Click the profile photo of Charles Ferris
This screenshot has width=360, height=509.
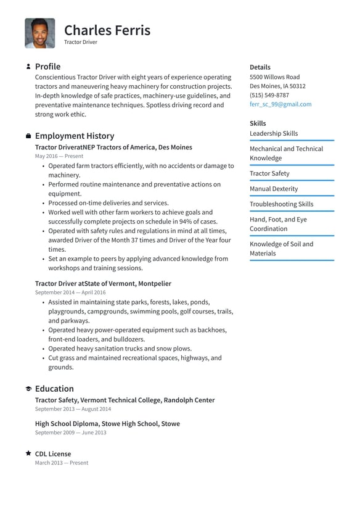pyautogui.click(x=40, y=33)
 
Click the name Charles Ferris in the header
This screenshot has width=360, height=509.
pyautogui.click(x=107, y=30)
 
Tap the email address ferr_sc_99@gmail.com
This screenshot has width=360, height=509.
pyautogui.click(x=280, y=104)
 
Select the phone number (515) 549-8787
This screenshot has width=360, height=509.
pyautogui.click(x=269, y=95)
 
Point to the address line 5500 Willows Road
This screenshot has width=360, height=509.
pyautogui.click(x=274, y=77)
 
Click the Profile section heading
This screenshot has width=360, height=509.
pyautogui.click(x=47, y=67)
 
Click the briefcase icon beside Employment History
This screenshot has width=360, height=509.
pyautogui.click(x=28, y=136)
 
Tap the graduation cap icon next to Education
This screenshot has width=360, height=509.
pyautogui.click(x=28, y=389)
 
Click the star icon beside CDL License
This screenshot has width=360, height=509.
pyautogui.click(x=28, y=453)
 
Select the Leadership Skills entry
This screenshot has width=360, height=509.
pyautogui.click(x=273, y=133)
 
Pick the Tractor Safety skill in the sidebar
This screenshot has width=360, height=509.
pyautogui.click(x=269, y=173)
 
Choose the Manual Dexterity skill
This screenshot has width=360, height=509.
pyautogui.click(x=273, y=189)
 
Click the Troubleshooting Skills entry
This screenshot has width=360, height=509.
pyautogui.click(x=281, y=204)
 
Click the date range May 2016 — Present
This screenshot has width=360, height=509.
pyautogui.click(x=59, y=157)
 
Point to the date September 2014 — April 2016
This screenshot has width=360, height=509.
pyautogui.click(x=70, y=292)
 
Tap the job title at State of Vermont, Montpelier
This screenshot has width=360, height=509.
pyautogui.click(x=103, y=283)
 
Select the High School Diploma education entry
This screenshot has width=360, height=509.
pyautogui.click(x=107, y=424)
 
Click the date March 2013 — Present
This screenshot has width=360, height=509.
pyautogui.click(x=61, y=463)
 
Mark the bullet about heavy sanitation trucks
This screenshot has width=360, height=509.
pyautogui.click(x=120, y=349)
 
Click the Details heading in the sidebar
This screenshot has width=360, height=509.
pyautogui.click(x=260, y=67)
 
